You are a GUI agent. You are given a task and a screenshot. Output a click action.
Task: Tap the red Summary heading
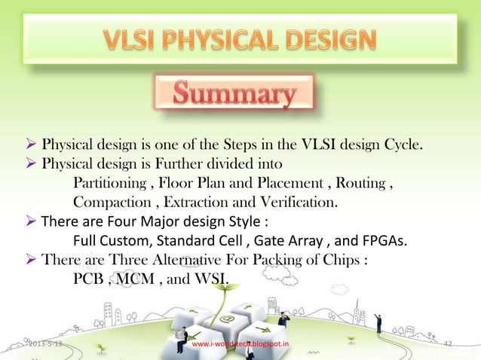[233, 96]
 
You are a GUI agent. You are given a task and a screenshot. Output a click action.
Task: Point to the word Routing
[365, 183]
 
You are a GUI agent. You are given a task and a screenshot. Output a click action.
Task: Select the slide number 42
[449, 344]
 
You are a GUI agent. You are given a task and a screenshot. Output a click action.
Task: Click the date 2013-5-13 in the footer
[46, 345]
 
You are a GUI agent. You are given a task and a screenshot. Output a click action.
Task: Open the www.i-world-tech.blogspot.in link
[240, 345]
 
